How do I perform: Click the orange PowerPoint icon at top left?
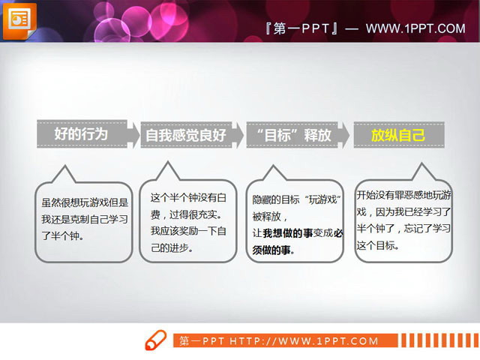pyautogui.click(x=18, y=19)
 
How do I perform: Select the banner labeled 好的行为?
pyautogui.click(x=82, y=133)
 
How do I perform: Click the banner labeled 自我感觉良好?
pyautogui.click(x=185, y=136)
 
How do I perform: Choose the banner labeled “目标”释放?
pyautogui.click(x=293, y=136)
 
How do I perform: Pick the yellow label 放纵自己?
pyautogui.click(x=398, y=136)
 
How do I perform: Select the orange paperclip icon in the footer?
pyautogui.click(x=155, y=340)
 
